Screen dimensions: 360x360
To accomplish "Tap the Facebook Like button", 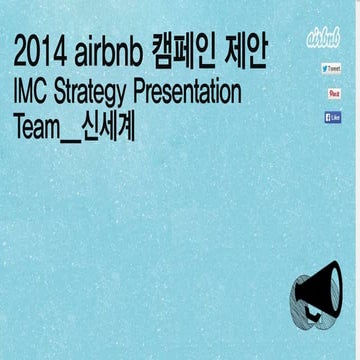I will coord(333,117).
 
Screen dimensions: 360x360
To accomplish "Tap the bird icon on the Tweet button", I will coord(325,69).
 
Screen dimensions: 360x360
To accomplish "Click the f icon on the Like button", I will coord(326,117).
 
